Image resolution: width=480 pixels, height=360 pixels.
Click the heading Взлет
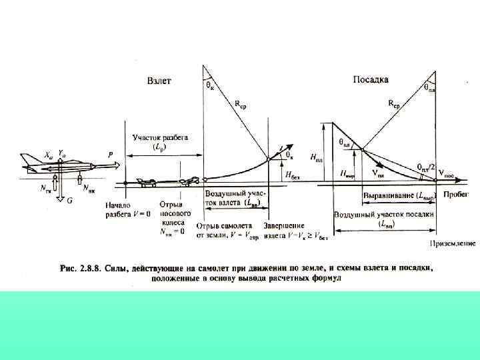(159, 81)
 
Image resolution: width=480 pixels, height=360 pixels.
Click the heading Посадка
(371, 79)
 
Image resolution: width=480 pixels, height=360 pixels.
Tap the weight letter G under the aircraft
(69, 201)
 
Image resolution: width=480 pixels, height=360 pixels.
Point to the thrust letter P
(111, 154)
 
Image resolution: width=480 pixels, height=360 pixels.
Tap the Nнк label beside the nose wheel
(87, 188)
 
